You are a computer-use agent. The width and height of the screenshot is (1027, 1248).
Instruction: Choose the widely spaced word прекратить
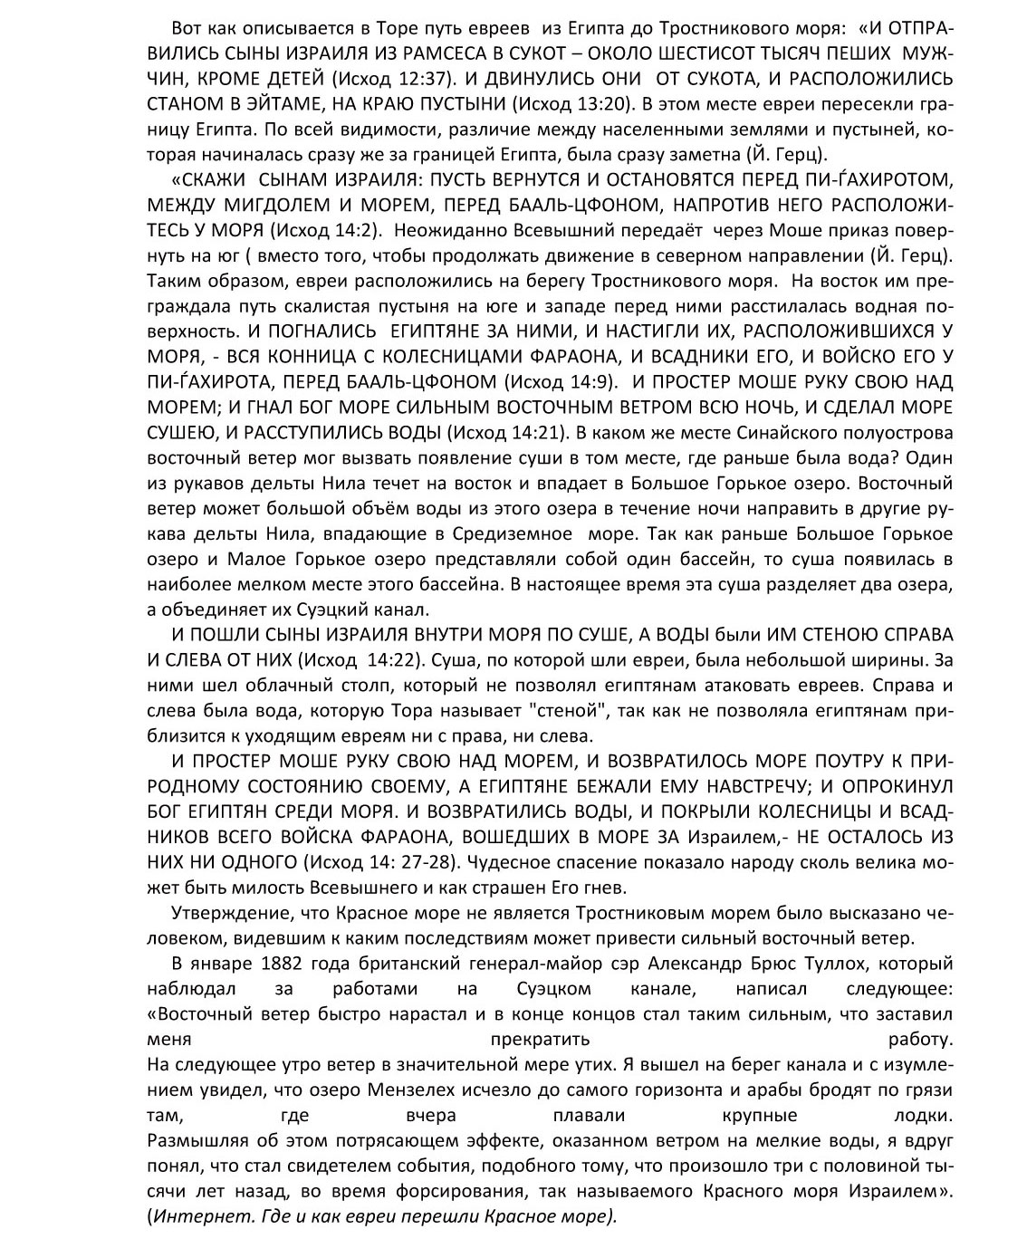(539, 1038)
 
